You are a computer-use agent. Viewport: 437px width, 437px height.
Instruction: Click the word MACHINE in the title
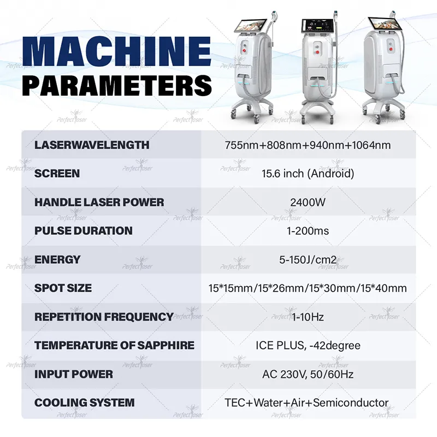click(x=117, y=51)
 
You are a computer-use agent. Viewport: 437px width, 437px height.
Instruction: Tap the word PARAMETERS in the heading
click(x=117, y=85)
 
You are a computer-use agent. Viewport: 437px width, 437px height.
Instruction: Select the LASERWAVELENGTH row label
click(x=92, y=145)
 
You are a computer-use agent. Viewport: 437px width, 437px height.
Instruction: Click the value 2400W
click(x=308, y=202)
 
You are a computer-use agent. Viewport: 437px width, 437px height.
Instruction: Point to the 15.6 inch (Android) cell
click(x=308, y=173)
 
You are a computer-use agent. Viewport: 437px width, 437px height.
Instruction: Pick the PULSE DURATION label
click(x=84, y=231)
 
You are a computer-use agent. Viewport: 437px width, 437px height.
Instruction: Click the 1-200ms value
click(x=308, y=231)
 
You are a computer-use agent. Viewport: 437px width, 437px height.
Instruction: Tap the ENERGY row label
click(x=57, y=259)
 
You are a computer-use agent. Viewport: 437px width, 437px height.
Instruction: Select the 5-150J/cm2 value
click(x=308, y=259)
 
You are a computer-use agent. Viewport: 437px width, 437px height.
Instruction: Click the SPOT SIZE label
click(x=63, y=288)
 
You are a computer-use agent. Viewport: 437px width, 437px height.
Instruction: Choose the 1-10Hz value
click(x=308, y=317)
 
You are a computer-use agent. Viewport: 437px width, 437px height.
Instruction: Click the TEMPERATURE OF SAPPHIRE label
click(x=114, y=345)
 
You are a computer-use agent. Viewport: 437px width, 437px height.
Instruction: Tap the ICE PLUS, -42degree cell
click(x=308, y=346)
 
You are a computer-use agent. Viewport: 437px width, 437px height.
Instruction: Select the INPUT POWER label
click(x=74, y=374)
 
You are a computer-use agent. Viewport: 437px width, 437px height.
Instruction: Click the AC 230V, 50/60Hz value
click(x=308, y=374)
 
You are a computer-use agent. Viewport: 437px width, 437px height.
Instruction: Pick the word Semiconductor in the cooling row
click(x=351, y=403)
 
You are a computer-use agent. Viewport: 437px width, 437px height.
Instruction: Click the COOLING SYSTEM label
click(x=85, y=403)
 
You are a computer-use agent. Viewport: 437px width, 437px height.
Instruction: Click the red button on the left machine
click(x=245, y=50)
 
